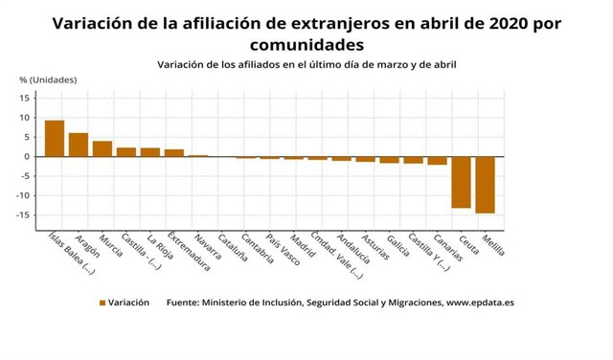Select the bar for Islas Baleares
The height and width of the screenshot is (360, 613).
[55, 138]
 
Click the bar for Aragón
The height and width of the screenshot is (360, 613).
[79, 145]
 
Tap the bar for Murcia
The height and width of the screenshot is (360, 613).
[102, 148]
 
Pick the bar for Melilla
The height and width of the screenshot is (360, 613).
[485, 185]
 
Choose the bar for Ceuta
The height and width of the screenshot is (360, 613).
[461, 182]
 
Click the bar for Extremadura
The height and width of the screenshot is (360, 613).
[174, 152]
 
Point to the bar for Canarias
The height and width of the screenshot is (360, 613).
[437, 161]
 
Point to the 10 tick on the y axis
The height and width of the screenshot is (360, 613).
[26, 117]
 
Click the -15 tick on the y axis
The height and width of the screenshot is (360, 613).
[24, 214]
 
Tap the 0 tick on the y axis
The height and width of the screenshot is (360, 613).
[29, 156]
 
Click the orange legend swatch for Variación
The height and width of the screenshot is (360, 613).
[102, 303]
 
